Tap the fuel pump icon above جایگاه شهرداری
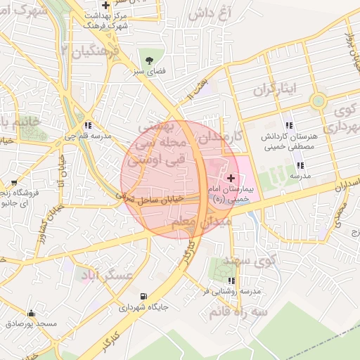click(x=144, y=296)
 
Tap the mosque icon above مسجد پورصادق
click(x=30, y=313)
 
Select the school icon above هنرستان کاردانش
click(x=290, y=124)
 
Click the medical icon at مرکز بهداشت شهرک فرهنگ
click(x=105, y=5)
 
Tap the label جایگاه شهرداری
click(x=143, y=307)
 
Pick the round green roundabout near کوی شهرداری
click(x=319, y=100)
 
